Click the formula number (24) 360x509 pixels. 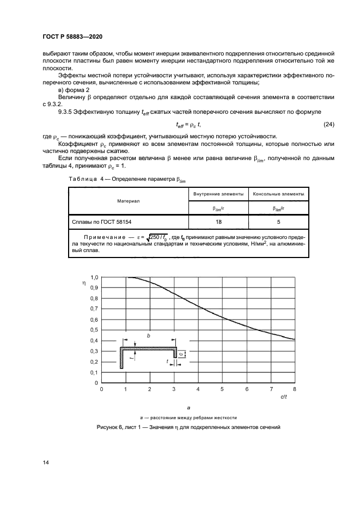click(328, 125)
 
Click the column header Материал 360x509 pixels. click(128, 201)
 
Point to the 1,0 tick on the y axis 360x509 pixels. click(94, 277)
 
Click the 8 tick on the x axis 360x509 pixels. click(295, 390)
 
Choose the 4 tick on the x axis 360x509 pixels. click(198, 390)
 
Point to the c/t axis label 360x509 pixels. click(284, 398)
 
